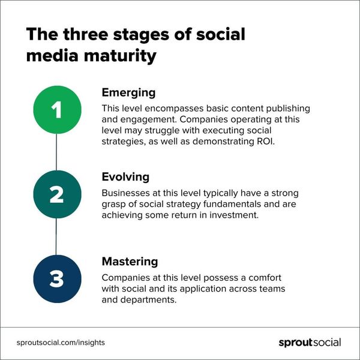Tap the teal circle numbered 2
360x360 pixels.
point(56,194)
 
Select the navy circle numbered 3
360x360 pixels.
point(56,278)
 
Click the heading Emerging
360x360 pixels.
point(128,92)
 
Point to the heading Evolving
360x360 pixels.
point(125,178)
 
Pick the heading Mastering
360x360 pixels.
point(130,262)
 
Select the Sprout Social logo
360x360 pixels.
point(310,343)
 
